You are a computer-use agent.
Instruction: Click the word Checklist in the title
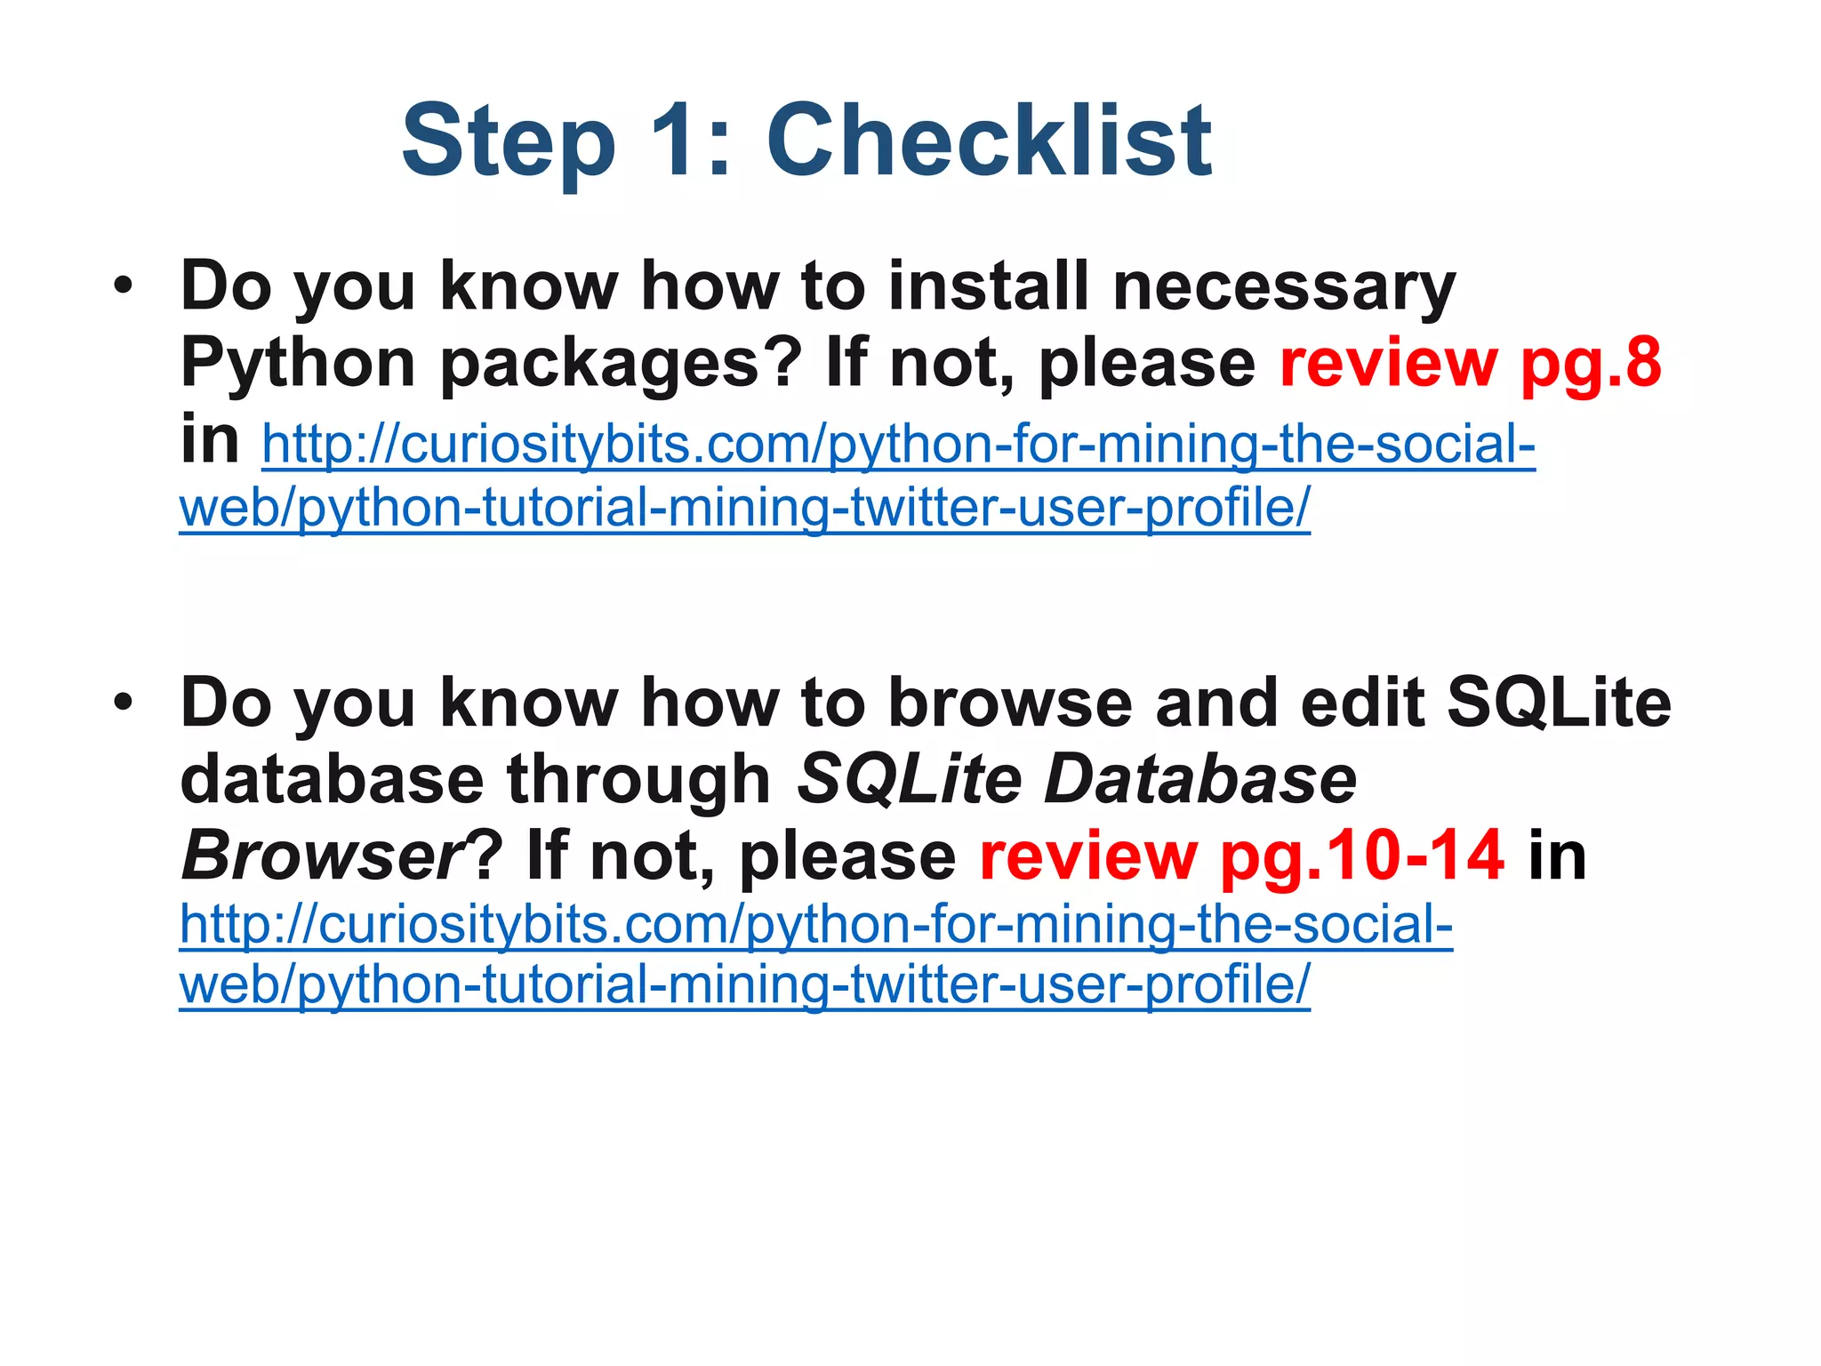[989, 141]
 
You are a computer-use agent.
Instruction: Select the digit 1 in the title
[680, 141]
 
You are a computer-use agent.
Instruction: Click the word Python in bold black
[298, 365]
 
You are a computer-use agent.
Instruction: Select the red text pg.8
[1591, 365]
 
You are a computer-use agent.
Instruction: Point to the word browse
[1010, 703]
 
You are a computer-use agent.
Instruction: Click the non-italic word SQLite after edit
[1559, 703]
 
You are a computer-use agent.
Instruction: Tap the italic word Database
[1200, 779]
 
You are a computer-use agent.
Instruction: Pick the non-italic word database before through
[332, 779]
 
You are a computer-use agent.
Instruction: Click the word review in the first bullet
[1389, 365]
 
